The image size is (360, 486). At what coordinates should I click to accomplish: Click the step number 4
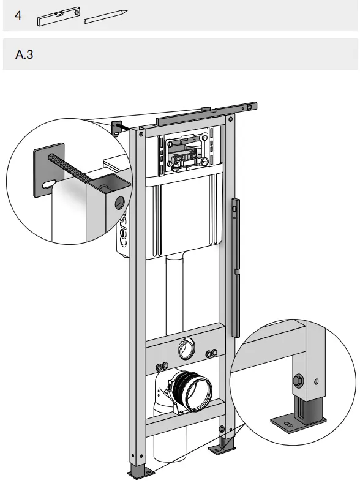point(18,15)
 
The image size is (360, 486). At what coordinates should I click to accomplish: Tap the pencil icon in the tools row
point(105,17)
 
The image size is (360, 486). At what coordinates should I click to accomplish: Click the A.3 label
point(24,54)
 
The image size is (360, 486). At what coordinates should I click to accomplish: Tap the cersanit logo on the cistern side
point(122,230)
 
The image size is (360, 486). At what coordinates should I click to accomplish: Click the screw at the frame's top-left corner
point(142,134)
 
